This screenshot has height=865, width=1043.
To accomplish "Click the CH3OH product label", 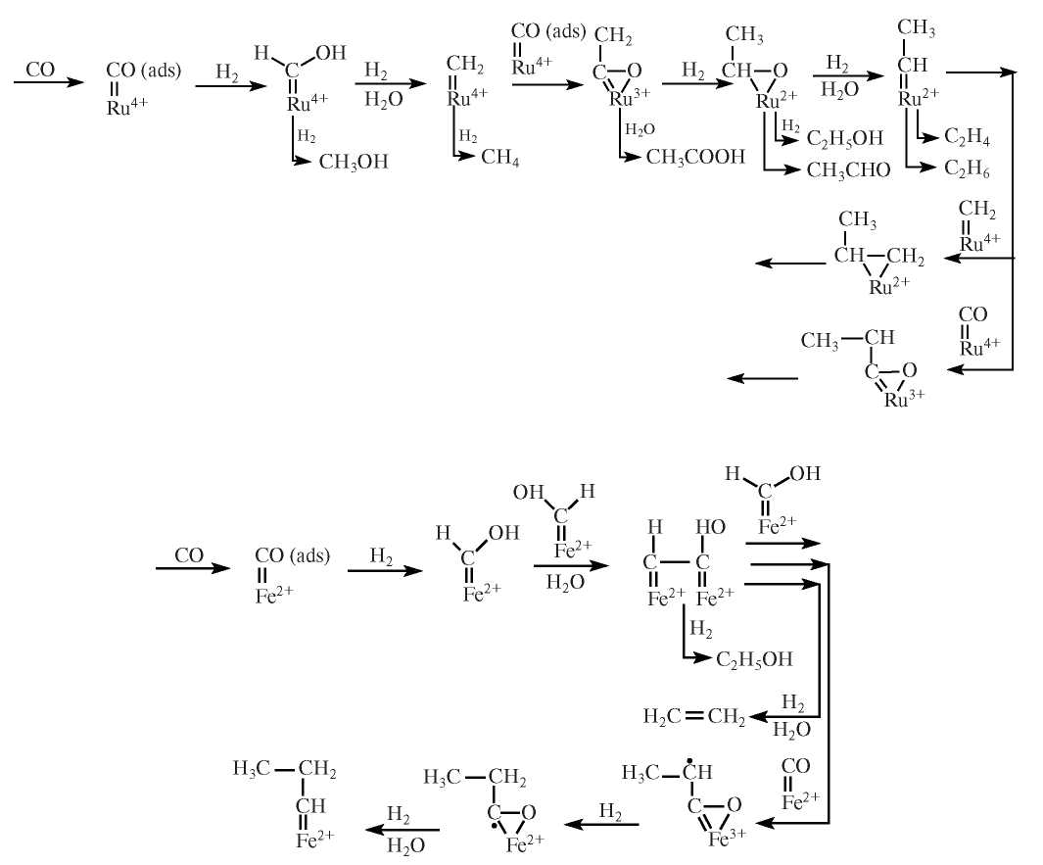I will [354, 162].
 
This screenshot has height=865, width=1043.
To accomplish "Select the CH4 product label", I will [499, 161].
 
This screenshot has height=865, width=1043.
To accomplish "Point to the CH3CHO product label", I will [849, 171].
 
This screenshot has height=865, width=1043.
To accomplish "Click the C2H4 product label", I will [967, 138].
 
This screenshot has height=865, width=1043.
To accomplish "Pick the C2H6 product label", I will [967, 170].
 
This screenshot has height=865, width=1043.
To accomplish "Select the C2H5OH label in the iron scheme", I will [753, 658].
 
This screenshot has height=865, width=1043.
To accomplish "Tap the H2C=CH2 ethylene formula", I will [693, 718].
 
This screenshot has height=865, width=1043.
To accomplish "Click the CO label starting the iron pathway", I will [189, 555].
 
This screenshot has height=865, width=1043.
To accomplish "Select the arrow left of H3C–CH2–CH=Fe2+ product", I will [402, 831].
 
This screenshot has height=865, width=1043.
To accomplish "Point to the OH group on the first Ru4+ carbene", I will [330, 54].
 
